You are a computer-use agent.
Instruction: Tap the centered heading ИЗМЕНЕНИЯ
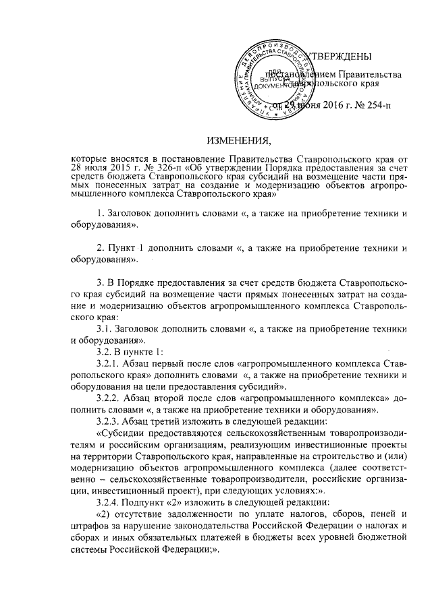click(x=238, y=140)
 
